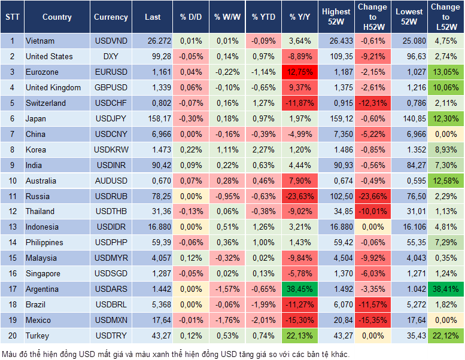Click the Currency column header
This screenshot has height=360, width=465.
pyautogui.click(x=111, y=17)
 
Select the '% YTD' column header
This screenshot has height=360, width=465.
pyautogui.click(x=263, y=17)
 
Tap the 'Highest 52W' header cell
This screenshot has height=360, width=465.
pyautogui.click(x=336, y=17)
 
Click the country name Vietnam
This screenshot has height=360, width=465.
pyautogui.click(x=41, y=41)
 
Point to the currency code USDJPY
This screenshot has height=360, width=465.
pyautogui.click(x=111, y=118)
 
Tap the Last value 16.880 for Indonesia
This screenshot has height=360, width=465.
pyautogui.click(x=152, y=227)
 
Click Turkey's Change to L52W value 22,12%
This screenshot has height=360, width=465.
pyautogui.click(x=446, y=335)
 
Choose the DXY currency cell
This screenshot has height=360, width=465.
pyautogui.click(x=111, y=56)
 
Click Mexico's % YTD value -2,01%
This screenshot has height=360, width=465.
pyautogui.click(x=263, y=320)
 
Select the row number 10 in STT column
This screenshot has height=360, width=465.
pyautogui.click(x=11, y=181)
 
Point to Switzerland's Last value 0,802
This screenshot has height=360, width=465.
pyautogui.click(x=152, y=103)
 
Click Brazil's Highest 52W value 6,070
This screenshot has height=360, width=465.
pyautogui.click(x=336, y=304)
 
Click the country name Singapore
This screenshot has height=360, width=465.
pyautogui.click(x=44, y=273)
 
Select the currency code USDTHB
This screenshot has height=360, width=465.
pyautogui.click(x=111, y=211)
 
